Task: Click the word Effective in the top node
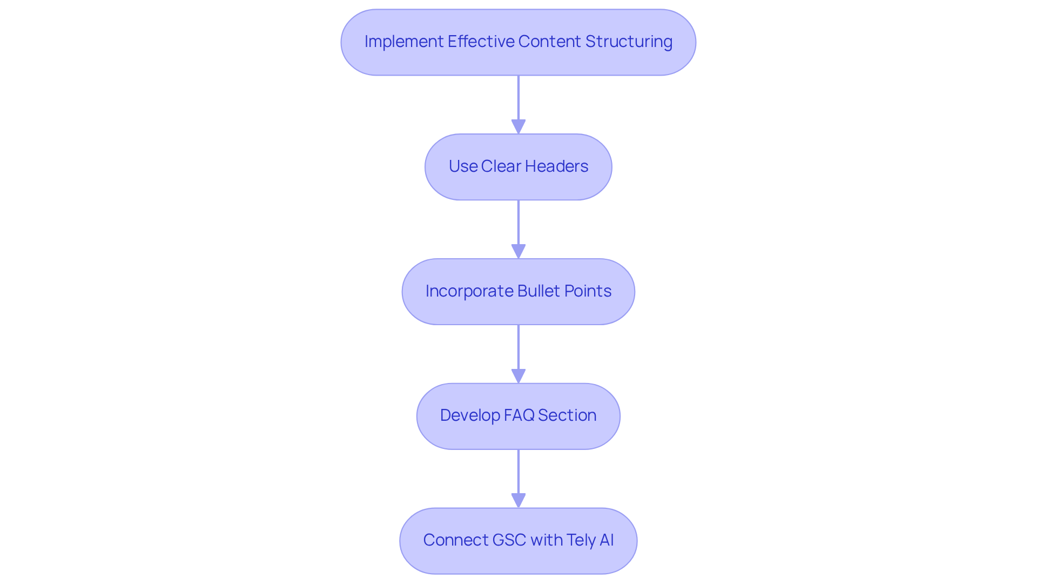(x=480, y=42)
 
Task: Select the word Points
(x=588, y=291)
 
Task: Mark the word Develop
(x=469, y=415)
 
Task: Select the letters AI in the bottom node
(x=607, y=540)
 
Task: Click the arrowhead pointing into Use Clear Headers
(x=518, y=127)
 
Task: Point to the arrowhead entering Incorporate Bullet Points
(x=518, y=252)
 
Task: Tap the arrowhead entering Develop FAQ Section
(x=518, y=376)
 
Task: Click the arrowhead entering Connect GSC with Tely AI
(x=518, y=501)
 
